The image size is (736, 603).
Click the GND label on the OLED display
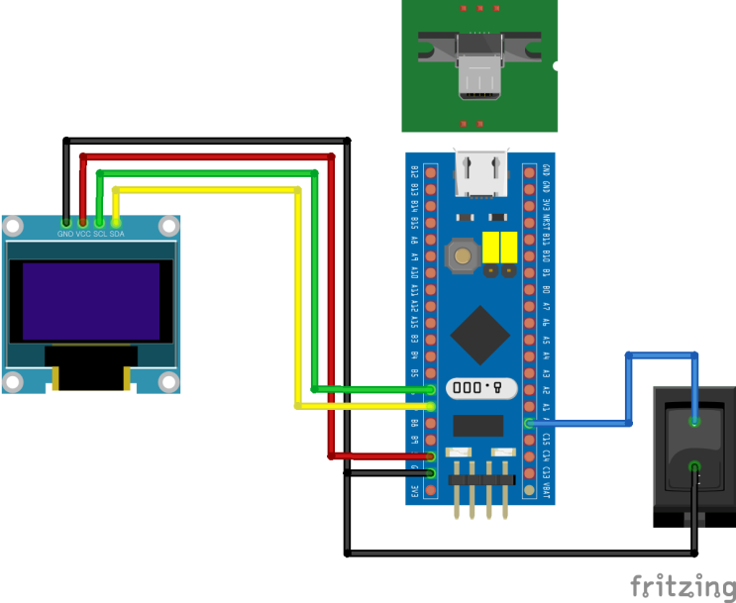coord(65,235)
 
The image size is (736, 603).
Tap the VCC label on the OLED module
coord(83,235)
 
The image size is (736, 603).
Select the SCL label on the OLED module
coord(100,235)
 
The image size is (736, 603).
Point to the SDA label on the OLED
coord(117,235)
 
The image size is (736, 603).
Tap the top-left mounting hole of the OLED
coord(13,228)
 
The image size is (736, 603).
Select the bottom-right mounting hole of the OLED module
coord(168,381)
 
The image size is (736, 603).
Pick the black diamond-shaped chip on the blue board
coord(480,335)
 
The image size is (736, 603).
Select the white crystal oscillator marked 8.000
coord(480,388)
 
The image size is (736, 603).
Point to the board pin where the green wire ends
coord(431,389)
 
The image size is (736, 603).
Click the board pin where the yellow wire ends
coord(431,406)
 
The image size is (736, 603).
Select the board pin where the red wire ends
coord(431,456)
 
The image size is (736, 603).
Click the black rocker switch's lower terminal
coord(694,466)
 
